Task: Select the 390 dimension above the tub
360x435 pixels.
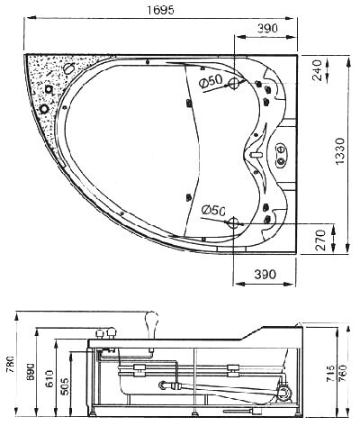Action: click(266, 29)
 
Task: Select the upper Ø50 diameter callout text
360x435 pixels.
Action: click(211, 81)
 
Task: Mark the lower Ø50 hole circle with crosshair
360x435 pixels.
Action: click(234, 223)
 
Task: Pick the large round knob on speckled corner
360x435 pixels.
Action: click(44, 108)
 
